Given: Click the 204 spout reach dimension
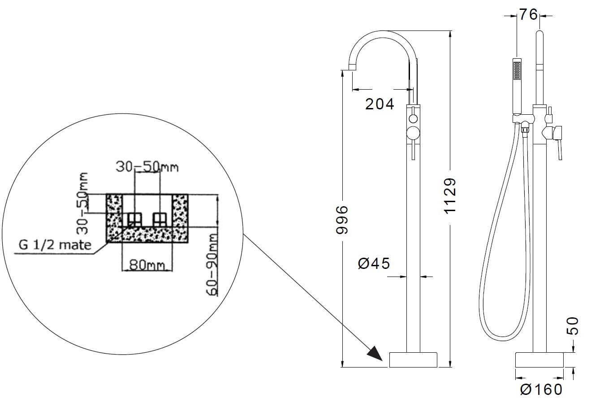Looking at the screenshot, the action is (380, 104).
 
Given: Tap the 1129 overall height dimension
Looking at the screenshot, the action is (450, 195).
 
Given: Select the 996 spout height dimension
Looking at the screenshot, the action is (342, 220).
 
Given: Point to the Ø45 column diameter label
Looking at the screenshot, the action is (374, 264).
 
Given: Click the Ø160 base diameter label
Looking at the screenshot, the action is (541, 389).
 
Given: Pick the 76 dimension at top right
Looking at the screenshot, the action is (528, 14).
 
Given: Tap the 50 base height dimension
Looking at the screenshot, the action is (573, 326).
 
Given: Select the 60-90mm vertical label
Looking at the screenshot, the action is (212, 264).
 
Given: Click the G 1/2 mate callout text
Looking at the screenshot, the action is (55, 245).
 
